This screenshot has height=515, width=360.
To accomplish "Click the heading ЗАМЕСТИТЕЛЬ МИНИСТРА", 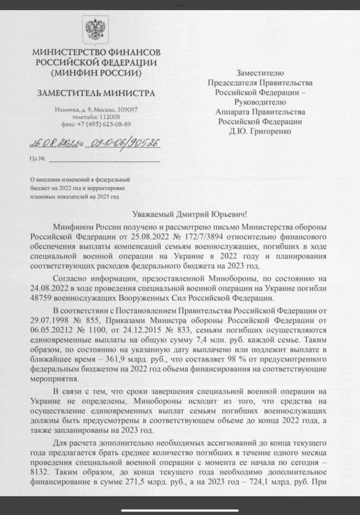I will click(92, 92).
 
